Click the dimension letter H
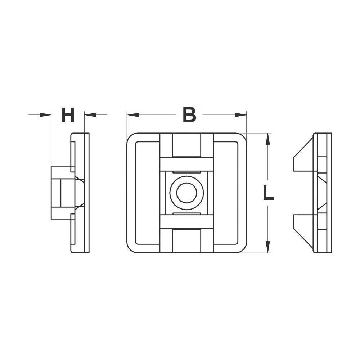pyautogui.click(x=68, y=115)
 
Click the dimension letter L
pyautogui.click(x=268, y=193)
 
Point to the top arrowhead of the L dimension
pyautogui.click(x=267, y=139)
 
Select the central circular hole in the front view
pyautogui.click(x=186, y=193)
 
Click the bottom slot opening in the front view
pyautogui.click(x=186, y=240)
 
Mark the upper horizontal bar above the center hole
pyautogui.click(x=186, y=164)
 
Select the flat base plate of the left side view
pyautogui.click(x=84, y=193)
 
